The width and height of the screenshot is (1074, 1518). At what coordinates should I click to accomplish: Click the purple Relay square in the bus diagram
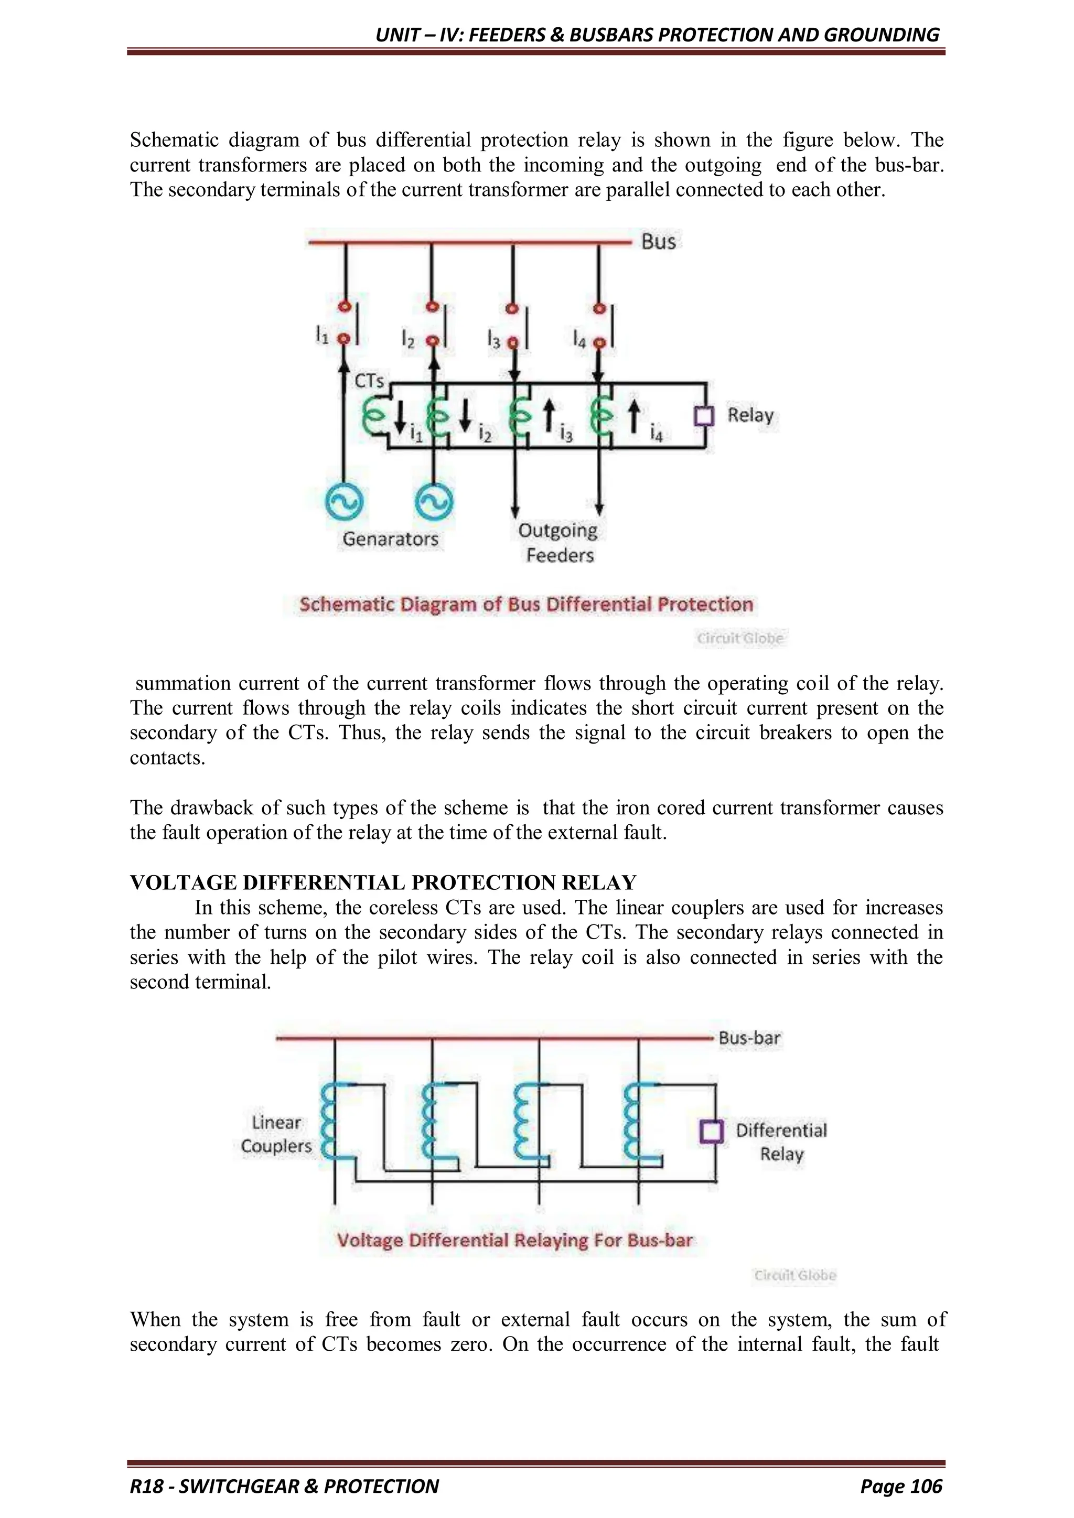coord(704,416)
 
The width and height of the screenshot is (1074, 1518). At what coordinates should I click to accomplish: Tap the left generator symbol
coord(344,502)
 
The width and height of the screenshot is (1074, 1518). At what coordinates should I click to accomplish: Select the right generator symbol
coord(433,502)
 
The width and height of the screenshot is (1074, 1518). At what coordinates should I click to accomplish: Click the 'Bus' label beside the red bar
coord(658,241)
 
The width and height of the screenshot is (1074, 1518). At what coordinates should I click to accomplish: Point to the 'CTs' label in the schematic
coord(369,381)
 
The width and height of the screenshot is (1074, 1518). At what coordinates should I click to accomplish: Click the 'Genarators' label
coord(390,539)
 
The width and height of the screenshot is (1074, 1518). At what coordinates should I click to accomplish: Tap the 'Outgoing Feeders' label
coord(558,543)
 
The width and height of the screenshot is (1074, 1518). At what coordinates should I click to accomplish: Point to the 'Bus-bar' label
coord(749,1038)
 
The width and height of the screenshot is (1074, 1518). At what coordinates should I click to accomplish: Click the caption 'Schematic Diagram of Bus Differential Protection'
coord(526,604)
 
